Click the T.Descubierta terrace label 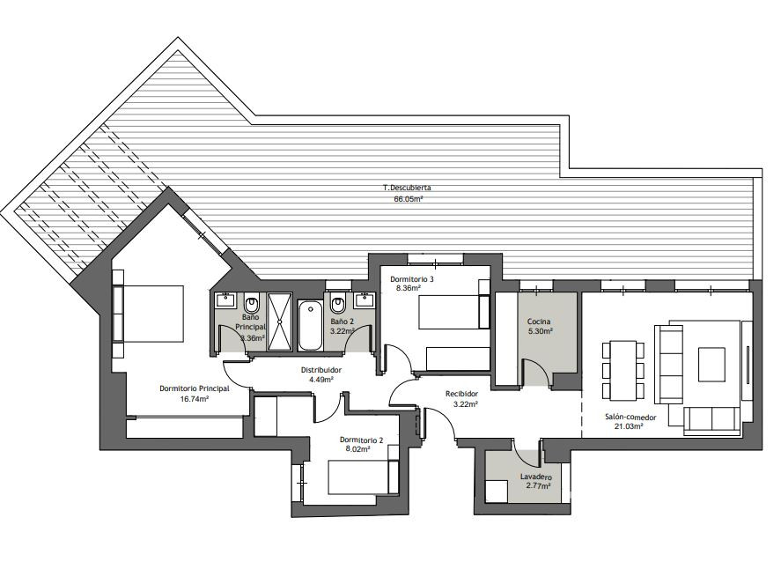click(x=407, y=188)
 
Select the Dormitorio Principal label click(x=195, y=388)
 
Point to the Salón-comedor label click(x=630, y=417)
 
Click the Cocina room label click(x=539, y=322)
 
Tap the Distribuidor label click(x=321, y=370)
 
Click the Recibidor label click(x=461, y=394)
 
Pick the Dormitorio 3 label click(x=412, y=279)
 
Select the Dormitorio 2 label click(x=362, y=440)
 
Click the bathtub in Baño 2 click(x=310, y=325)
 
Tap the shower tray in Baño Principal click(x=279, y=322)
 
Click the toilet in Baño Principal click(x=252, y=303)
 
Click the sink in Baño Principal click(x=225, y=300)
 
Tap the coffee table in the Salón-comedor click(x=711, y=365)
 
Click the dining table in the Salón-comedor click(x=623, y=370)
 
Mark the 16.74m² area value click(x=195, y=398)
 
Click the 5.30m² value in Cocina click(x=540, y=331)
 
